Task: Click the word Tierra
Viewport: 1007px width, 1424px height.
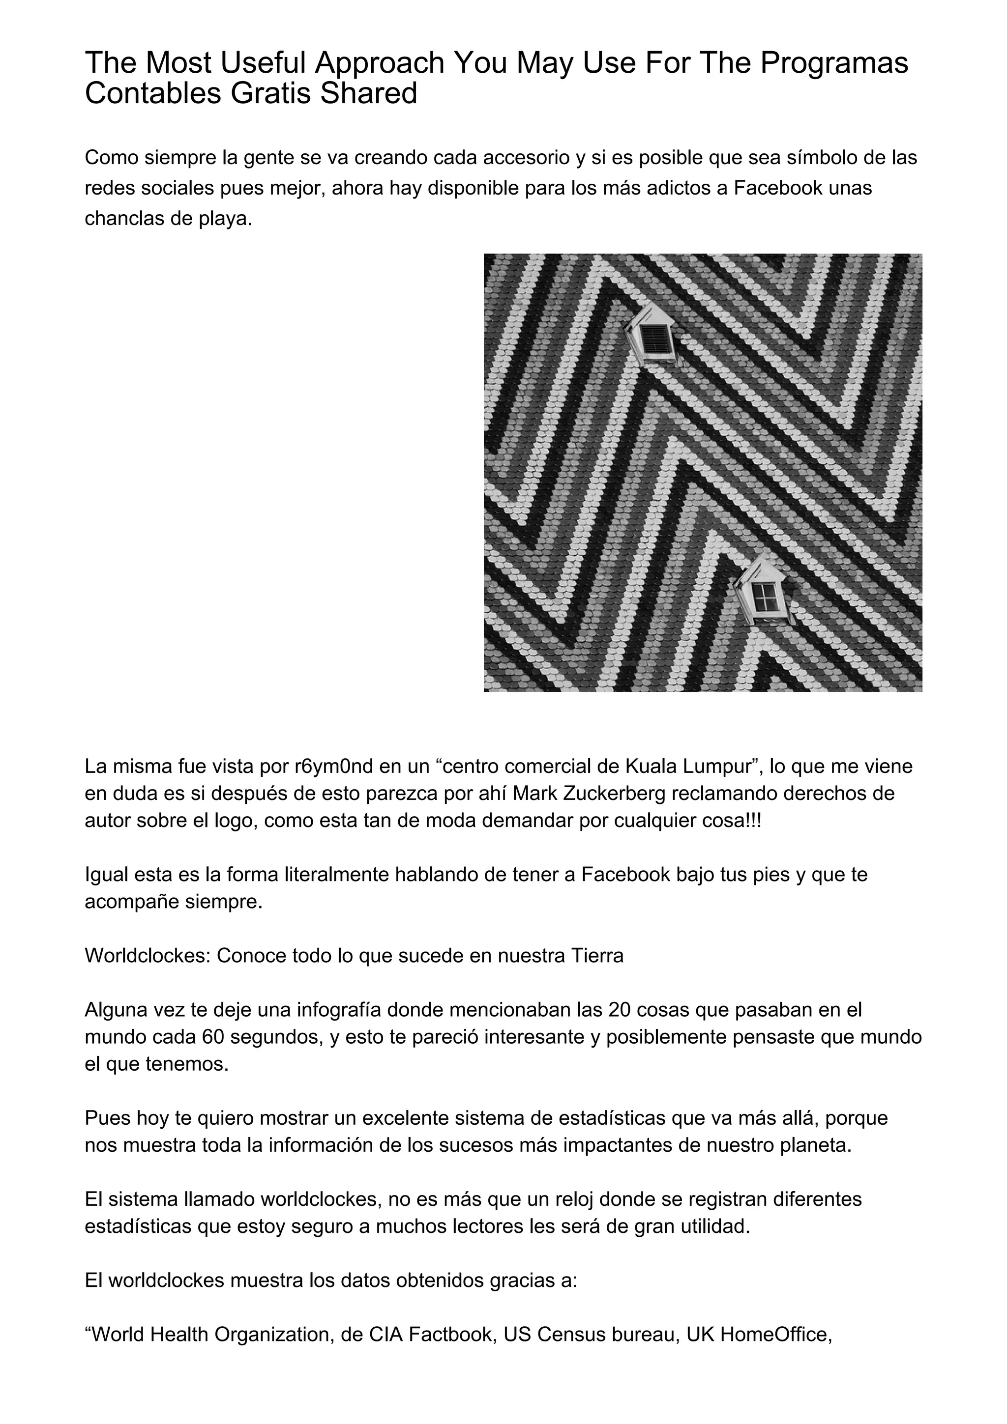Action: (x=596, y=956)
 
